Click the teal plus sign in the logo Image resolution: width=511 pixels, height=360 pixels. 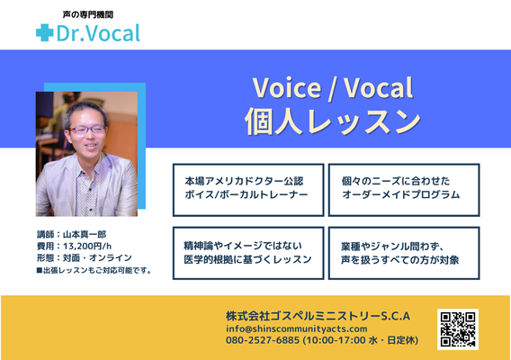pos(45,32)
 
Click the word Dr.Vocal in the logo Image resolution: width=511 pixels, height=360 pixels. pos(98,33)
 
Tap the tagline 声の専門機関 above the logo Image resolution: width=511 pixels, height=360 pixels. pos(88,14)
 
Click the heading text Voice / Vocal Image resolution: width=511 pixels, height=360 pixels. pos(333,87)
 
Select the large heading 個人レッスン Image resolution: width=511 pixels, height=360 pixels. pos(333,121)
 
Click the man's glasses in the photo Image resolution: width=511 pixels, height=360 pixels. pos(87,130)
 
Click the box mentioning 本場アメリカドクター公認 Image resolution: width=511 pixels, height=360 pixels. pos(248,190)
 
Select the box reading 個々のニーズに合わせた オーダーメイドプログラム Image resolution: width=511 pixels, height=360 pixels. pos(404,190)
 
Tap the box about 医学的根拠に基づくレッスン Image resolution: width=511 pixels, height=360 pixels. pos(248,253)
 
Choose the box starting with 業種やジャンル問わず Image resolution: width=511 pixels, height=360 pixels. pos(404,253)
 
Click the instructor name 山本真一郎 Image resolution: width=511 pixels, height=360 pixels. pos(85,235)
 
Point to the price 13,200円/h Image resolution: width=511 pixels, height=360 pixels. pos(87,247)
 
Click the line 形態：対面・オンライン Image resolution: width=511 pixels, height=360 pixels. pos(85,258)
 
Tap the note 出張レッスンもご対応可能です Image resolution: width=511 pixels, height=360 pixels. pos(94,270)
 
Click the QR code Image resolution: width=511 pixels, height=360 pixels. pos(458,329)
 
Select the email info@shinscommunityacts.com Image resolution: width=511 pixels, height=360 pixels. pos(297,328)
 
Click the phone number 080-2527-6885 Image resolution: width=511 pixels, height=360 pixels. pos(263,340)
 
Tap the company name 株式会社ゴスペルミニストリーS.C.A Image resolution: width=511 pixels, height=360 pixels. pos(318,316)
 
